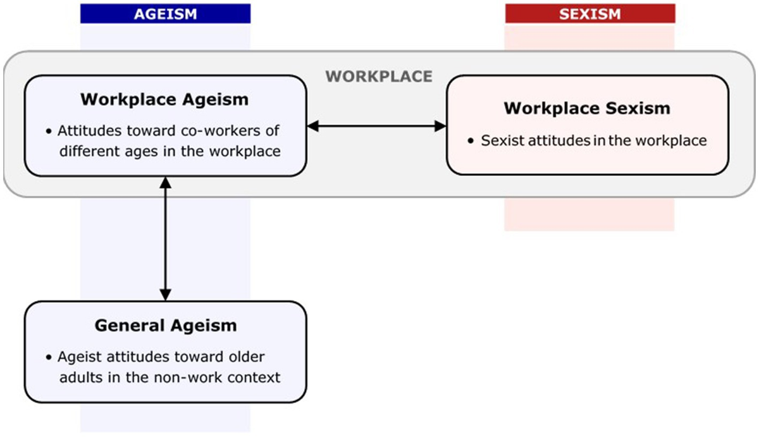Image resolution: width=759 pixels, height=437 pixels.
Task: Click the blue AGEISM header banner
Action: pyautogui.click(x=165, y=14)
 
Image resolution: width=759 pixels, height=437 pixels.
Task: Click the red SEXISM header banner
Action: pyautogui.click(x=589, y=14)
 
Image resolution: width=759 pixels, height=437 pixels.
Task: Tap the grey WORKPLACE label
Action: pyautogui.click(x=379, y=77)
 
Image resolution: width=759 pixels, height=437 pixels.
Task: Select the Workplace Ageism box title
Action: pyautogui.click(x=164, y=100)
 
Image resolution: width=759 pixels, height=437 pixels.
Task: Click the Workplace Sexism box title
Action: pyautogui.click(x=586, y=108)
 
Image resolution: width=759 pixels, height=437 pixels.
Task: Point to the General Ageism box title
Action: pyautogui.click(x=165, y=326)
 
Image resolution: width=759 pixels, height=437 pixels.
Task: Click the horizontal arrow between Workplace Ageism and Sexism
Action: pyautogui.click(x=376, y=126)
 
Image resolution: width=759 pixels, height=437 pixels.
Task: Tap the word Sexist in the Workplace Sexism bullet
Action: pyautogui.click(x=501, y=140)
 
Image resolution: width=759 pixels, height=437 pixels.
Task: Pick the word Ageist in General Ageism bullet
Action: pyautogui.click(x=78, y=357)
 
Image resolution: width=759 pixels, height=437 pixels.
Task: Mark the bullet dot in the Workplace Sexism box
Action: pyautogui.click(x=471, y=141)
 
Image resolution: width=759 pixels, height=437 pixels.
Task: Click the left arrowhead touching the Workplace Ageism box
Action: pyautogui.click(x=312, y=126)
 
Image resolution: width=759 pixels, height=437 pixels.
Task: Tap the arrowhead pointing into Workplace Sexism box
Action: pyautogui.click(x=441, y=126)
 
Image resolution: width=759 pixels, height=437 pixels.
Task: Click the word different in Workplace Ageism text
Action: pyautogui.click(x=88, y=152)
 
